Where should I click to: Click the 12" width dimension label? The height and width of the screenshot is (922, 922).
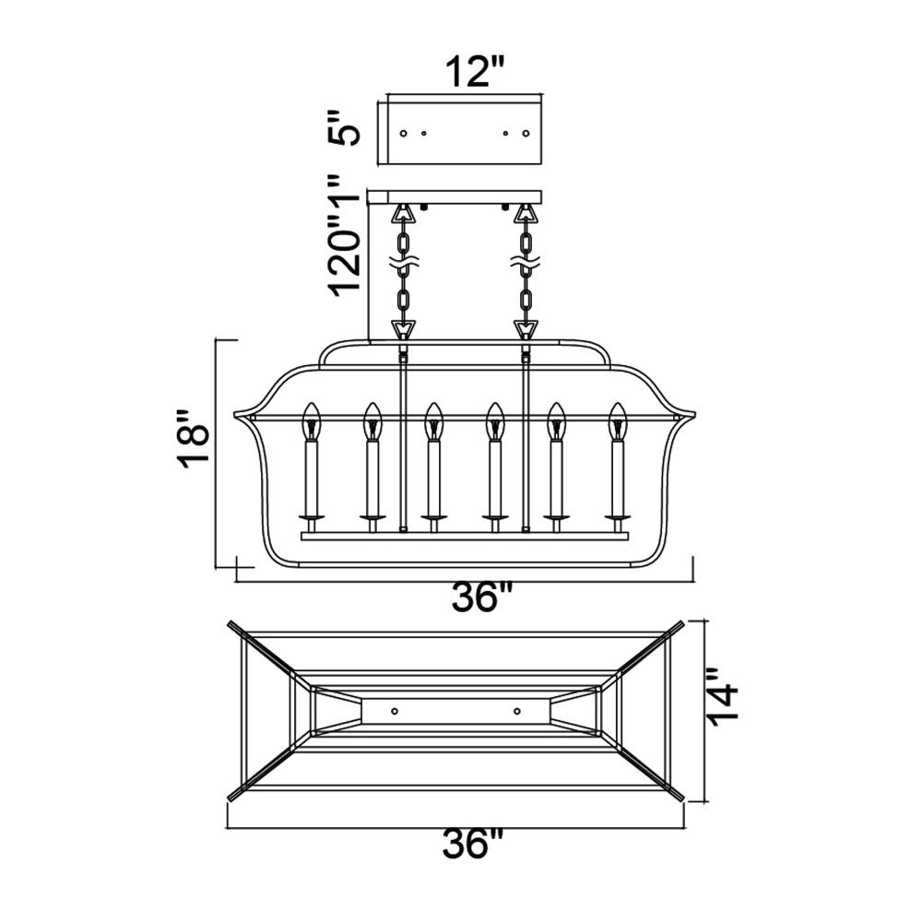[x=475, y=72]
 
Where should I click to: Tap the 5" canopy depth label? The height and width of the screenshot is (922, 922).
[x=344, y=127]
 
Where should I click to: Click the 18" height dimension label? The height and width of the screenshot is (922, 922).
[x=194, y=439]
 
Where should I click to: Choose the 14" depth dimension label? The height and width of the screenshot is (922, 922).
[x=722, y=697]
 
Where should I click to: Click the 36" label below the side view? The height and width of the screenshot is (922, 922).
[x=482, y=597]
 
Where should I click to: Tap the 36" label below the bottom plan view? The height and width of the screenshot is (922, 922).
[x=473, y=844]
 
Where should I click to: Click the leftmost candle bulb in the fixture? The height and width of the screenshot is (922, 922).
[x=311, y=421]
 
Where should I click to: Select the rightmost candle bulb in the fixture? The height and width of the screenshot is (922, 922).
[x=618, y=421]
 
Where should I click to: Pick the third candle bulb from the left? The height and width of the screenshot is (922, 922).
[x=434, y=421]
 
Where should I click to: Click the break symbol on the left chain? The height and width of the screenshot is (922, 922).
[x=404, y=266]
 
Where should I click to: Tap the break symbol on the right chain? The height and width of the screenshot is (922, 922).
[x=526, y=266]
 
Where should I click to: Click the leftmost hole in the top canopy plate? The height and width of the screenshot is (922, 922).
[x=404, y=134]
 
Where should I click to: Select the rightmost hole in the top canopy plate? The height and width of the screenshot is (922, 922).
[x=526, y=134]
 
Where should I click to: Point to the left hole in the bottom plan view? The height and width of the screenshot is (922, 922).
[x=395, y=712]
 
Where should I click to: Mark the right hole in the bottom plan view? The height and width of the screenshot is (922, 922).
[x=517, y=712]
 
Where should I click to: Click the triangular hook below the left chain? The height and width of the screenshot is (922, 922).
[x=404, y=328]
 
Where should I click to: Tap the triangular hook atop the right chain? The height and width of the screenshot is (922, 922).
[x=526, y=214]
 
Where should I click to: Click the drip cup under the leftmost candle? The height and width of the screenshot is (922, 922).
[x=312, y=517]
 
